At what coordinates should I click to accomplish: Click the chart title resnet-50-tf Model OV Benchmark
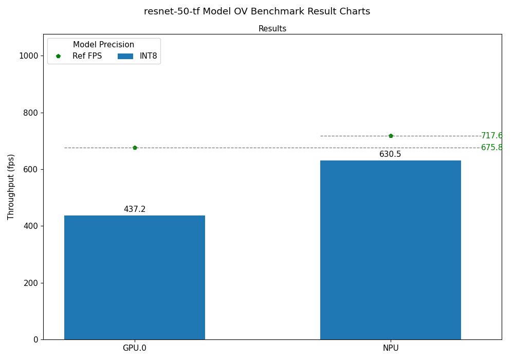coord(257,11)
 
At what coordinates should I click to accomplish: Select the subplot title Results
coord(272,29)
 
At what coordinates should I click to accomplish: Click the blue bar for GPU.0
coord(135,277)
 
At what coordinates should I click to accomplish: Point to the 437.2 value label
coord(135,209)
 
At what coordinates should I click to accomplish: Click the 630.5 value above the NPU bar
coord(390,154)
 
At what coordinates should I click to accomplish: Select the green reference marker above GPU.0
coord(135,148)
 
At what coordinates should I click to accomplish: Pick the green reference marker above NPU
coord(391,136)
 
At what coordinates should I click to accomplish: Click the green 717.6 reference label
coord(491,136)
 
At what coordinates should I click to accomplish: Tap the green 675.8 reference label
coord(491,148)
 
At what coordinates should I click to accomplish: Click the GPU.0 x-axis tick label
coord(135,348)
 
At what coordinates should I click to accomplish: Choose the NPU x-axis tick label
coord(390,348)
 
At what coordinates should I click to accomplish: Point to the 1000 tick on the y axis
coord(28,56)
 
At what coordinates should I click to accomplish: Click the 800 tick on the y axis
coord(30,113)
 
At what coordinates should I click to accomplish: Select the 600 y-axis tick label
coord(30,169)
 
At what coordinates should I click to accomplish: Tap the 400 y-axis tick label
coord(30,226)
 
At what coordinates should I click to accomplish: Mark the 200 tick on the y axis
coord(30,283)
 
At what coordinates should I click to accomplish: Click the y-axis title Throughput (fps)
coord(11,187)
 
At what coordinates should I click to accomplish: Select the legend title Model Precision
coord(103,45)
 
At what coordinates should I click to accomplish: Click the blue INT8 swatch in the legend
coord(125,56)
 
